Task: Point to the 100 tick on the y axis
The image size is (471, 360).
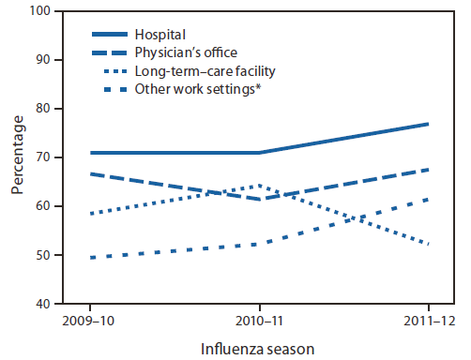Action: [40, 11]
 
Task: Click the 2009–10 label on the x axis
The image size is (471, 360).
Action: [90, 321]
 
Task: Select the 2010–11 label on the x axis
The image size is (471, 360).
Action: [258, 321]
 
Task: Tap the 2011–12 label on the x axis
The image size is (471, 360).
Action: [428, 321]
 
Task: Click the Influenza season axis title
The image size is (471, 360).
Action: [259, 348]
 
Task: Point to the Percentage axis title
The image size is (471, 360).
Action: [18, 157]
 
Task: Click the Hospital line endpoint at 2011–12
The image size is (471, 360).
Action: [429, 124]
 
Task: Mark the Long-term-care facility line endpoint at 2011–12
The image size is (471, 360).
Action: [429, 245]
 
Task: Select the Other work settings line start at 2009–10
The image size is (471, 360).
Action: [90, 257]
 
